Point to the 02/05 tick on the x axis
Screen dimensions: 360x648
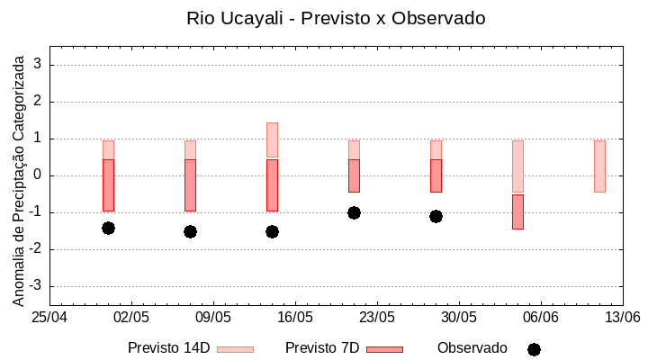[x=132, y=317]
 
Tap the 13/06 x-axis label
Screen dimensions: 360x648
[x=623, y=317]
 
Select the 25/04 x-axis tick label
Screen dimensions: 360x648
[x=50, y=317]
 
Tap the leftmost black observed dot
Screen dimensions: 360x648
[x=108, y=228]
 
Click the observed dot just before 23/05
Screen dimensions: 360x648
[x=354, y=212]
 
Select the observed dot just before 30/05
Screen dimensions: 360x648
[x=436, y=216]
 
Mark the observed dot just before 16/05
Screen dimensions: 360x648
[x=272, y=231]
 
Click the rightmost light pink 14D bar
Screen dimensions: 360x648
[x=599, y=166]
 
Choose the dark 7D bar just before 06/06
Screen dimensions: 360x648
[x=517, y=211]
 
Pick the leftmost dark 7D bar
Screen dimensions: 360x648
[x=108, y=184]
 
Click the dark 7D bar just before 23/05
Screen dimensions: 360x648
[x=354, y=175]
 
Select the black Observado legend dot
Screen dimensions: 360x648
[x=534, y=349]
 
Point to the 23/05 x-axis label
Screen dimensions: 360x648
[x=377, y=317]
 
